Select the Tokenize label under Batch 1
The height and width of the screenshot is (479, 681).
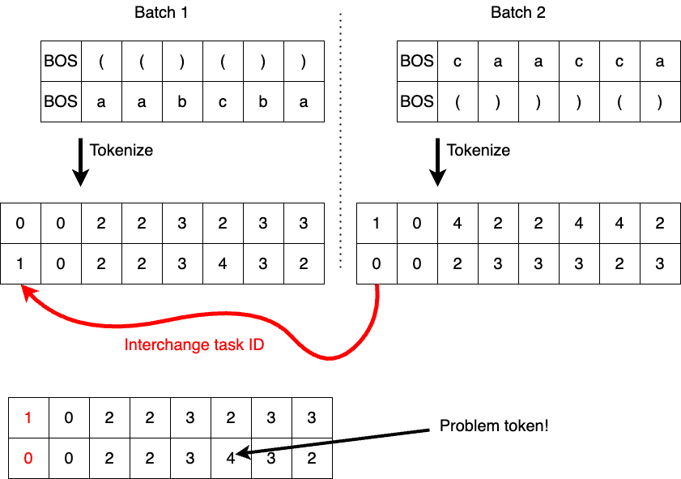pos(121,150)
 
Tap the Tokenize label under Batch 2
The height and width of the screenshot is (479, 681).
pos(479,150)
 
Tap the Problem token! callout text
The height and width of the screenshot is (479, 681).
pos(494,426)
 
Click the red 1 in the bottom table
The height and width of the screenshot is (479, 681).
pos(28,418)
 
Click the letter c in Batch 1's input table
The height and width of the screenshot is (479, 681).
pos(223,102)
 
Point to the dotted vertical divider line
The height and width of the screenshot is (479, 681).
pos(340,138)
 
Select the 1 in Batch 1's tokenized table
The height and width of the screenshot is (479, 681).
pos(20,264)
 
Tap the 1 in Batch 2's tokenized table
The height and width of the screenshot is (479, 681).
pos(377,224)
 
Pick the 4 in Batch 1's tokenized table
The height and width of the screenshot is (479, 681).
pos(223,264)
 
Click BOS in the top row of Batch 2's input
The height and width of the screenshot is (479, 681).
pos(417,62)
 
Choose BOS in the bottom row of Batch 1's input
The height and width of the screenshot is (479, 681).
pos(62,102)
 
